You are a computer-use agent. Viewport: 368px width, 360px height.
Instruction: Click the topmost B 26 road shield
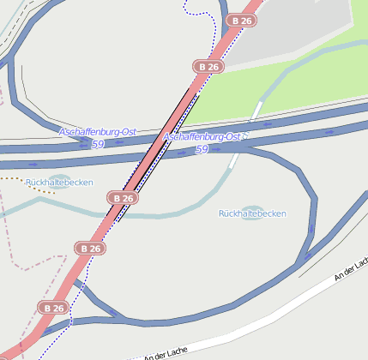click(241, 20)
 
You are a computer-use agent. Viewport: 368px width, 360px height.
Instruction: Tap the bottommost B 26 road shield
click(53, 307)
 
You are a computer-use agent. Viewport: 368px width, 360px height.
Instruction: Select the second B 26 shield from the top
click(208, 66)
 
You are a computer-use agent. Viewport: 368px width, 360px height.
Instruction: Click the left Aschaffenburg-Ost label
click(98, 131)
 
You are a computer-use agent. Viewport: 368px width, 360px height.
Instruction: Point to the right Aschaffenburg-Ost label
click(202, 137)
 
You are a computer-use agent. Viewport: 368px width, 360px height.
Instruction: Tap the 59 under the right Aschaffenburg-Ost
click(202, 149)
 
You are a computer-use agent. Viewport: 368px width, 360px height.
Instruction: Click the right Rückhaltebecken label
click(252, 213)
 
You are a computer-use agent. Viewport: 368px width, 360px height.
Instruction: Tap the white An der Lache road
click(257, 311)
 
